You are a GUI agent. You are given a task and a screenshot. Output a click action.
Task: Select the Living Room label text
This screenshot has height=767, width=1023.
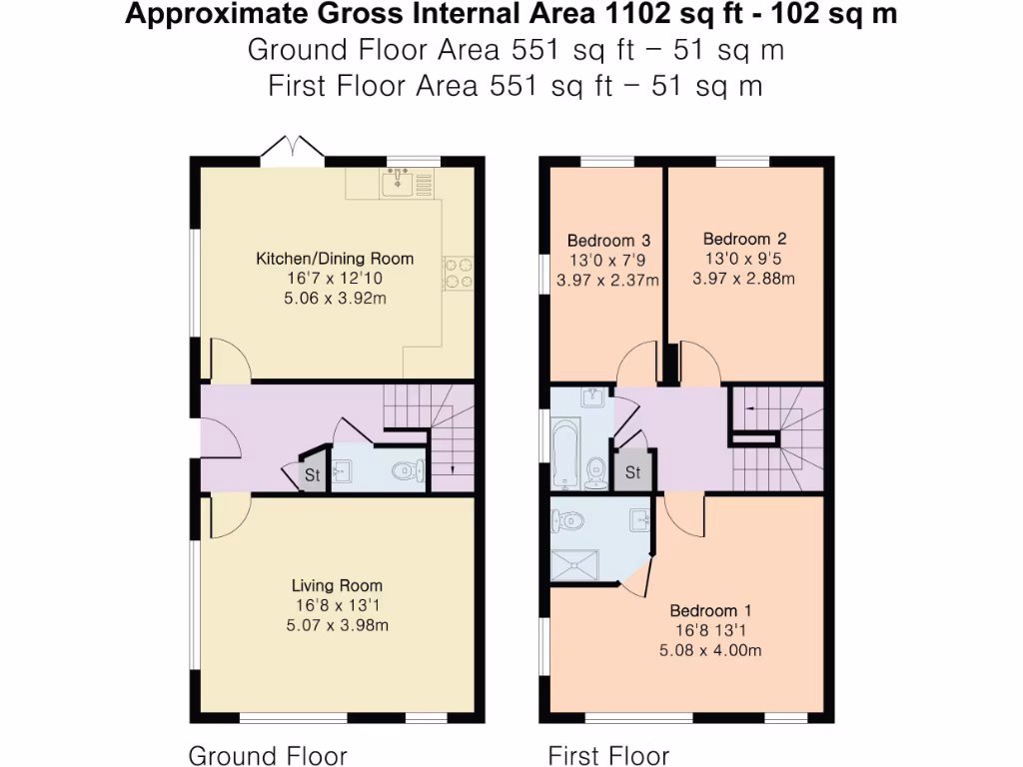pos(337,586)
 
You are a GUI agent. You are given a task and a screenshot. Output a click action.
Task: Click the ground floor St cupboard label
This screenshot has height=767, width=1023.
pos(312,476)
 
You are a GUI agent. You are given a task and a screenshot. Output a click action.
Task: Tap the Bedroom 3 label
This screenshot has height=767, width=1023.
pos(608,241)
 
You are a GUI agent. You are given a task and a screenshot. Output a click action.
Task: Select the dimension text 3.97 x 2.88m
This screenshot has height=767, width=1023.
pos(743,279)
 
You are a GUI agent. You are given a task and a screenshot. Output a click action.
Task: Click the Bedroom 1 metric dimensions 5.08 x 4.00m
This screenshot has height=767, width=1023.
pos(710,650)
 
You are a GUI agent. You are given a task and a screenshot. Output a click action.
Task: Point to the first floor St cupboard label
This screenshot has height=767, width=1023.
pos(633,472)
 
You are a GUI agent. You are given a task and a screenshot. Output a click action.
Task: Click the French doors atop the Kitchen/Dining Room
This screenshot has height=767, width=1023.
pos(293,149)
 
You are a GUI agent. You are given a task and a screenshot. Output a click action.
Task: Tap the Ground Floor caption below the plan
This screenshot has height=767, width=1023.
pos(268,755)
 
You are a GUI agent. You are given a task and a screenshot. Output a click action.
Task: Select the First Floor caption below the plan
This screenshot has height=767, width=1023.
pos(608,755)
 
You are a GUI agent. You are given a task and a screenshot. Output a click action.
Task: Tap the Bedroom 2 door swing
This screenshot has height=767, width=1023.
pos(698,361)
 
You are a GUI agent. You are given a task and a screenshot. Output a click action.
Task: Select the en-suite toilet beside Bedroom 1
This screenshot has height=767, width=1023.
pos(570,519)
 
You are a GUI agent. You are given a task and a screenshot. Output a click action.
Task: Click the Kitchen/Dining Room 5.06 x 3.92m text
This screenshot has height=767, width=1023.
pos(335,299)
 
